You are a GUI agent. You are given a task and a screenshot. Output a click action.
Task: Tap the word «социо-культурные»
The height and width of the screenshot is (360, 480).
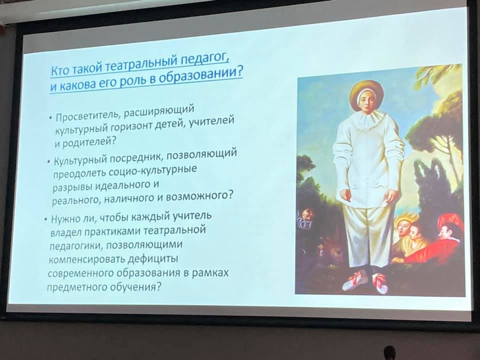pyautogui.click(x=152, y=170)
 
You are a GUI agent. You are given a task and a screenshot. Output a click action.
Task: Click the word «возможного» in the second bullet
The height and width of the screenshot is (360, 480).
pyautogui.click(x=198, y=195)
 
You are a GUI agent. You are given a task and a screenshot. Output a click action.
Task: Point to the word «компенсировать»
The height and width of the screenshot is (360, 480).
pyautogui.click(x=87, y=259)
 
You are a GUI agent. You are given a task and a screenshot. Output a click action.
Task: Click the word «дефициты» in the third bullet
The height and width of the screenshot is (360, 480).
pyautogui.click(x=153, y=258)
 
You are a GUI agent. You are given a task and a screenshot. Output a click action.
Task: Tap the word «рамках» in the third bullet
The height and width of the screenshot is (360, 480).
pyautogui.click(x=210, y=272)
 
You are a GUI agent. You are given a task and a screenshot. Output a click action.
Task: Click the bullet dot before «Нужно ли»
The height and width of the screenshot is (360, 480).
pyautogui.click(x=45, y=219)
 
